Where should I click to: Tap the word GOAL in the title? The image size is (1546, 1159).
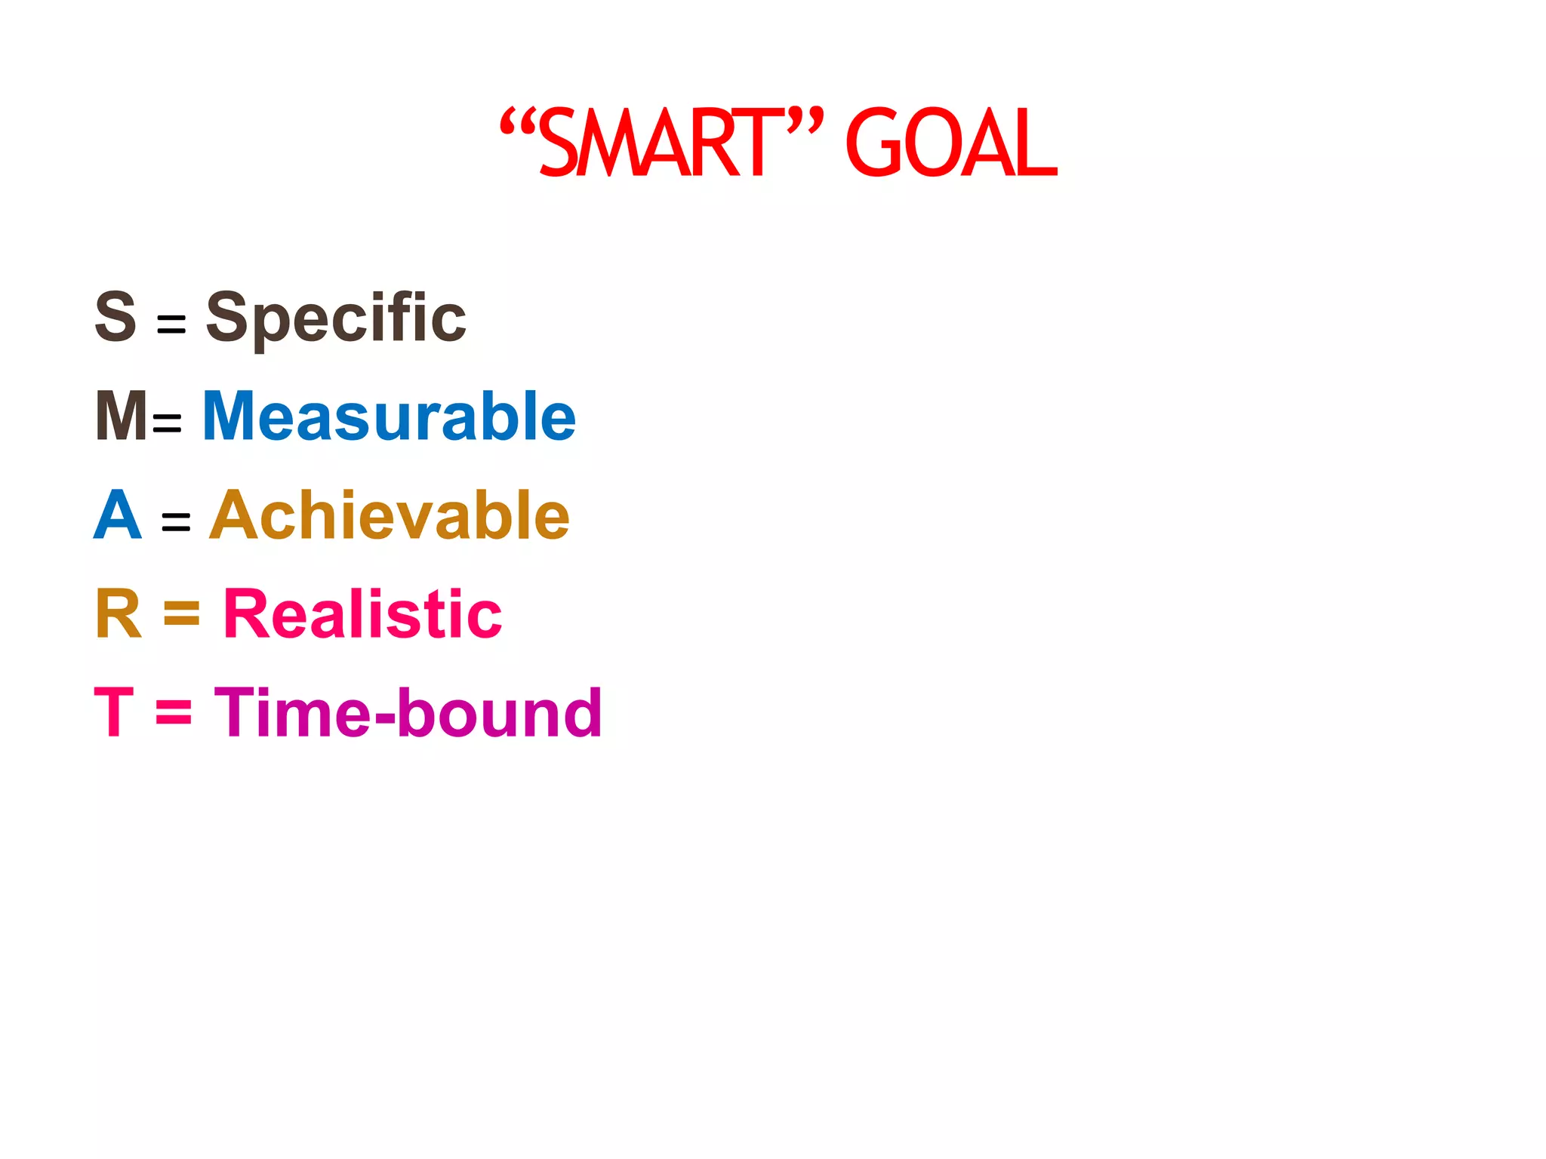pos(950,143)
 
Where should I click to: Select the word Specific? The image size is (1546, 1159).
pos(336,318)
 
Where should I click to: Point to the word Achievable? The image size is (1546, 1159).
pos(389,515)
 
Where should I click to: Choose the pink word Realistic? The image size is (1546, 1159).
pos(362,614)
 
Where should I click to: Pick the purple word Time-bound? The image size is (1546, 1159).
pos(408,712)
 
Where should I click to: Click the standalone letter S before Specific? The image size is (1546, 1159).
pos(115,316)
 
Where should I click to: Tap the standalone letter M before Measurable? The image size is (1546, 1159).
pos(121,416)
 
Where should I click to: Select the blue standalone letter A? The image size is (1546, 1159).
pos(118,515)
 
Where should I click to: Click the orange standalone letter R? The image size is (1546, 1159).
pos(119,614)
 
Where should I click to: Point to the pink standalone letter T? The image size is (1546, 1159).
pos(113,712)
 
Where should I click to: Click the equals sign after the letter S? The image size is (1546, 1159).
pos(171,324)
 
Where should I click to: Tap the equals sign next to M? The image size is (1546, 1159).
pos(167,423)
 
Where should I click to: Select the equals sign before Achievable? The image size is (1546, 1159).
pos(176,521)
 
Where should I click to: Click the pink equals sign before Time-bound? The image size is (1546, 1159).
pos(174,712)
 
